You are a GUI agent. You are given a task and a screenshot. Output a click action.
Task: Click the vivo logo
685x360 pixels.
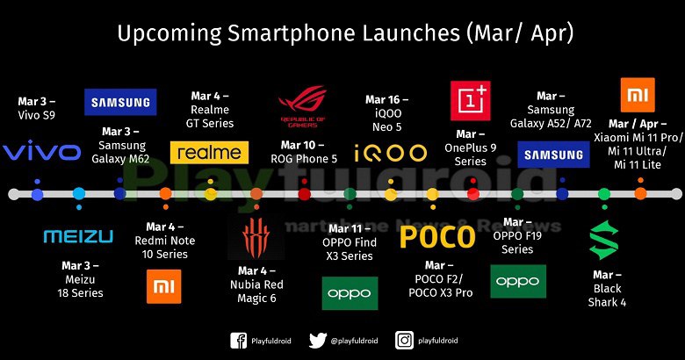pos(42,150)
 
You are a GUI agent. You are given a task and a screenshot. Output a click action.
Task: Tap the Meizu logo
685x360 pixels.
pos(79,236)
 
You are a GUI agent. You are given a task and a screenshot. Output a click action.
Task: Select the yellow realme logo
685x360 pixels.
pos(209,153)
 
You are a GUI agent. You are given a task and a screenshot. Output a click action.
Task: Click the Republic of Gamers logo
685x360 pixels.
pos(303,106)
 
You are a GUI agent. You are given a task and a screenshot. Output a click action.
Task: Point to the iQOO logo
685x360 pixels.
pos(390,154)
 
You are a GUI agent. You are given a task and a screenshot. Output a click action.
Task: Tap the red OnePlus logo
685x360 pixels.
pos(471,100)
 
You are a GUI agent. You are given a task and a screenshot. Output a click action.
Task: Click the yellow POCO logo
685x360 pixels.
pos(437,237)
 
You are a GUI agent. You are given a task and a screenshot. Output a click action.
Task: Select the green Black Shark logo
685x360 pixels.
pos(604,240)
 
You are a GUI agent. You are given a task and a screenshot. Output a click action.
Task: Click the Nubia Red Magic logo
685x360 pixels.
pos(256,238)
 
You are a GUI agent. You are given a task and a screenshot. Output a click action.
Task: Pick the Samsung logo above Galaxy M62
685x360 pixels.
pos(120,102)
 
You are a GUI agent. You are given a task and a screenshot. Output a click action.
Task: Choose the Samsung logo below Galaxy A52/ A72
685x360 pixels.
pos(553,155)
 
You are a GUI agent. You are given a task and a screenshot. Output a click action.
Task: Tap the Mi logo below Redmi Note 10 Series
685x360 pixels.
pos(164,286)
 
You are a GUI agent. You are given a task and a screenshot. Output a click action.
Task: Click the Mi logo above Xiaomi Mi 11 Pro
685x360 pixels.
pos(638,95)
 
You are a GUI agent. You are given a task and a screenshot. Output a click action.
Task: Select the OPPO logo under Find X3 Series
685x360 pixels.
pos(350,293)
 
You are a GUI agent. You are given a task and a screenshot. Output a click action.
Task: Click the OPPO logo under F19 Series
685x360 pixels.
pos(518,281)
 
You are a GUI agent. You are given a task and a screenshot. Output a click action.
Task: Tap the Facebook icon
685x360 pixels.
pos(239,341)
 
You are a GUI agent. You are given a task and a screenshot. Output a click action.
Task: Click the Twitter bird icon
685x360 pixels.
pos(318,341)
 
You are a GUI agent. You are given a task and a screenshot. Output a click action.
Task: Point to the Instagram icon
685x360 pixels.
pos(404,341)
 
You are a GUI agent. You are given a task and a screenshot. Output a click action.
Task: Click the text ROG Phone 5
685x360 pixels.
pos(304,159)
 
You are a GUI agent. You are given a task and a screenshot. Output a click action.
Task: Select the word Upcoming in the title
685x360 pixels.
pos(169,33)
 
